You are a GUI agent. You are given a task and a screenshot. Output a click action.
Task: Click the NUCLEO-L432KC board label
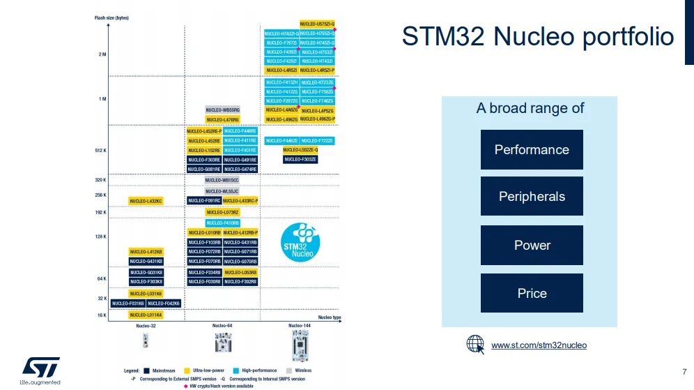click(145, 201)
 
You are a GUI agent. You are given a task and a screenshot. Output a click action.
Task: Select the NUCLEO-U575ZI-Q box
click(317, 24)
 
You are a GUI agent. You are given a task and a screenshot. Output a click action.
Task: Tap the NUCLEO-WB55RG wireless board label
click(222, 110)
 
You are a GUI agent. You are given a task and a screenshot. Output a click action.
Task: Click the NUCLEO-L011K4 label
click(145, 315)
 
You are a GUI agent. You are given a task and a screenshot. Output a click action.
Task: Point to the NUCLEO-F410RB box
click(222, 223)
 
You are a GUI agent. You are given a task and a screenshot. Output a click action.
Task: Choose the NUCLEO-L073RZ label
click(222, 212)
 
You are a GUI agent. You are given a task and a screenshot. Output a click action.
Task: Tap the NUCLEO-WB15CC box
click(222, 180)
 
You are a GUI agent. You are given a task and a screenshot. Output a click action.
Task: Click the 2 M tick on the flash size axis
click(102, 54)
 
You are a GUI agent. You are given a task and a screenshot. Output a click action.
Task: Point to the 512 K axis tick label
click(100, 150)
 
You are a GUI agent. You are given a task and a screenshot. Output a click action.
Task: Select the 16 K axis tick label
click(102, 315)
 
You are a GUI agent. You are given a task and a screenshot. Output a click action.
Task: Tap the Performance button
click(532, 150)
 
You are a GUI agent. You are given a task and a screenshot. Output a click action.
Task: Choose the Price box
click(532, 293)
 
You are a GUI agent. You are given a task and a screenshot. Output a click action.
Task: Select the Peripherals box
click(532, 197)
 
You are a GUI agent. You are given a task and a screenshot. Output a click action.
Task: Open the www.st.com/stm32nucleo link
click(539, 345)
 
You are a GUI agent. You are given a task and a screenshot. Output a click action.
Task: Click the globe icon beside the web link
click(475, 345)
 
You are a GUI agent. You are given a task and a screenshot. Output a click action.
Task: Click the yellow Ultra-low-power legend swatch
click(187, 370)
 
